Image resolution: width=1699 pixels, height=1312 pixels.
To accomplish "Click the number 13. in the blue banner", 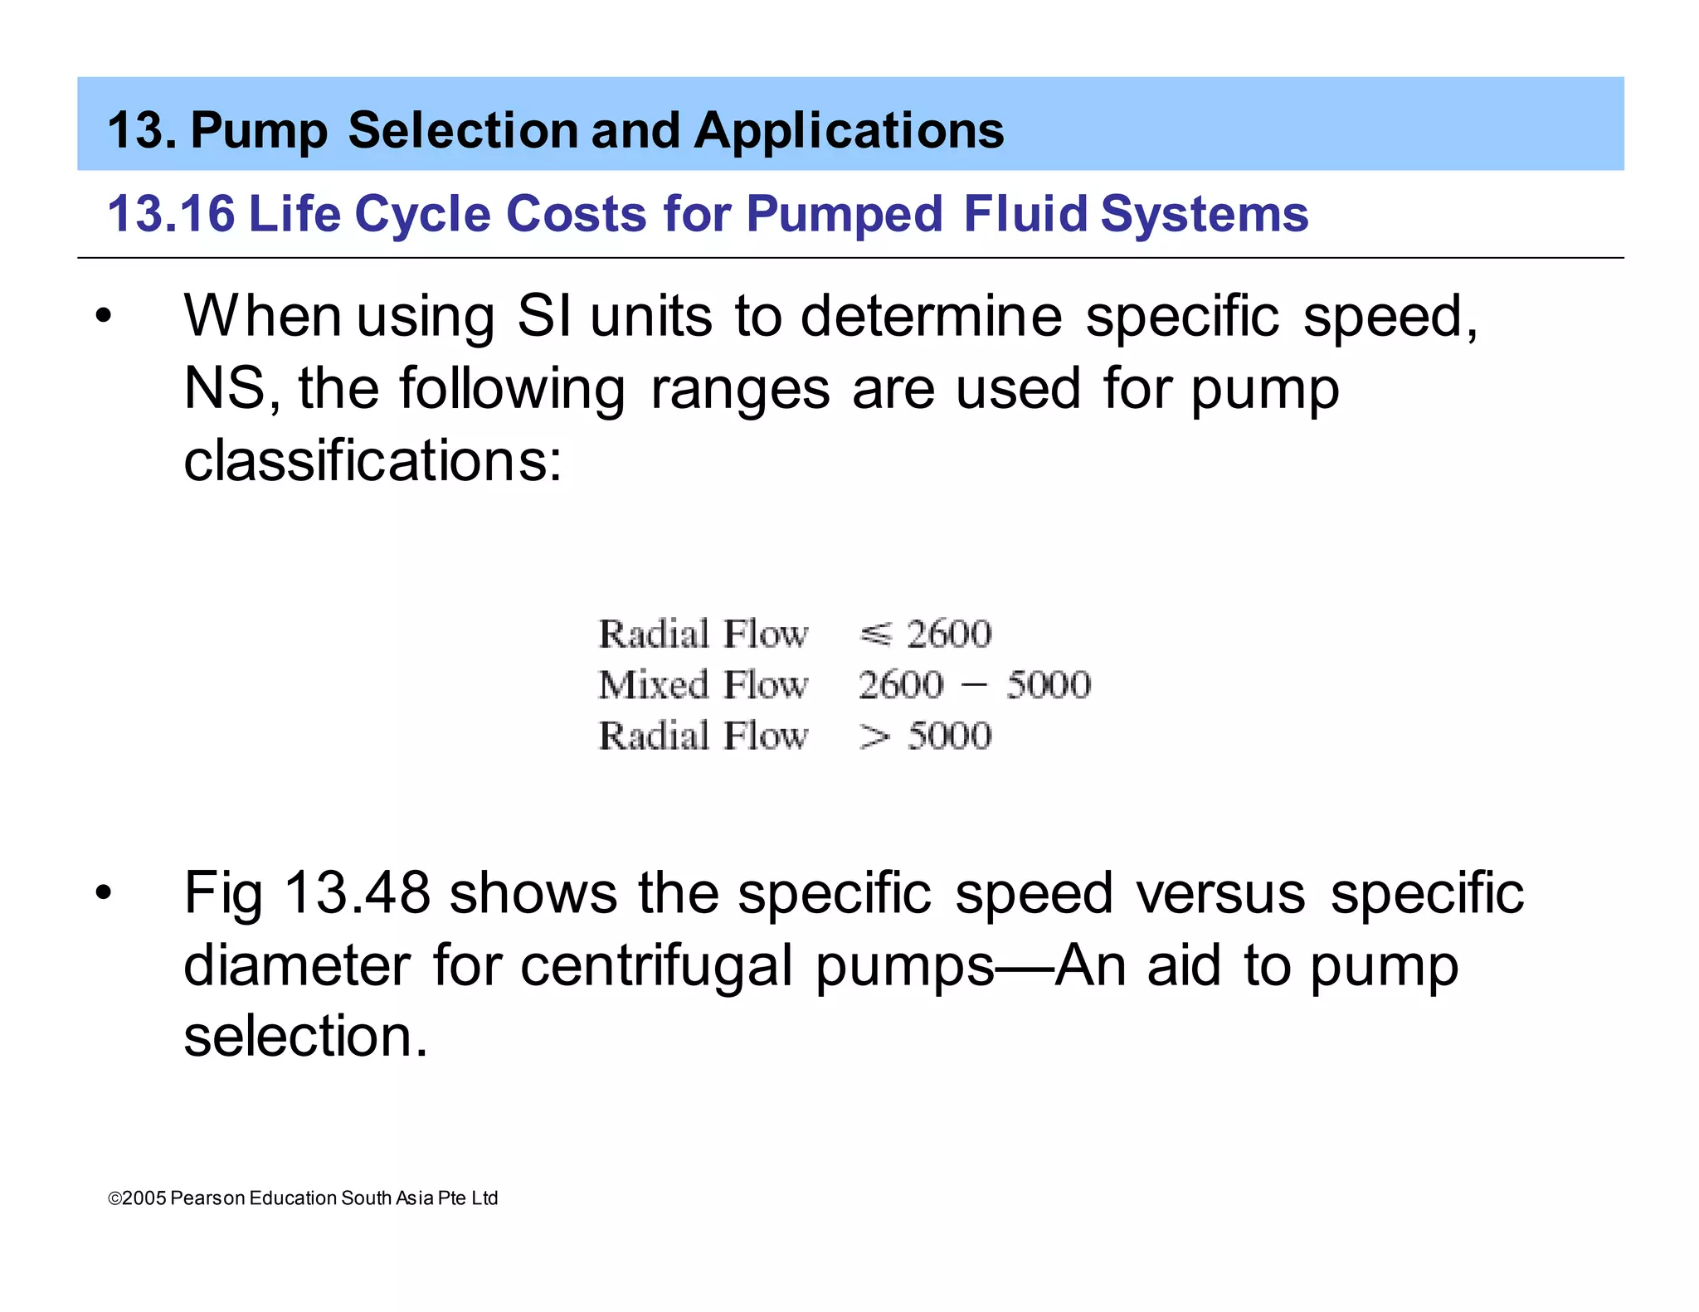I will [142, 131].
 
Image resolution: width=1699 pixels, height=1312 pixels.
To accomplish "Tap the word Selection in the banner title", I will [463, 131].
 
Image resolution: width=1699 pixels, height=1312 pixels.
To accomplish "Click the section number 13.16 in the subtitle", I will [171, 214].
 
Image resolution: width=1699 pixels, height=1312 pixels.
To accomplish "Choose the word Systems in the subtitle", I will [1204, 214].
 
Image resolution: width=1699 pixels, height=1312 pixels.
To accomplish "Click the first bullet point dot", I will [103, 317].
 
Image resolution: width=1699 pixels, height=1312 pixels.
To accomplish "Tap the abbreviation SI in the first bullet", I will [543, 317].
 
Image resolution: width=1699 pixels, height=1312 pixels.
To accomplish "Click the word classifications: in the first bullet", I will [372, 461].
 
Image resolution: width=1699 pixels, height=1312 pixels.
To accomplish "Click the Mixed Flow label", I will [703, 685].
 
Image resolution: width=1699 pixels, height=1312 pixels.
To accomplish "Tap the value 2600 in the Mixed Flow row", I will [901, 685].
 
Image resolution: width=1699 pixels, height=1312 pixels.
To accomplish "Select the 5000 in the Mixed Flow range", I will [1049, 685].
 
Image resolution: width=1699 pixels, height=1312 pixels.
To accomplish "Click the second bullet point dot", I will [103, 894].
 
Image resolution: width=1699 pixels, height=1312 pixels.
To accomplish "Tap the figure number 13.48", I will [357, 894].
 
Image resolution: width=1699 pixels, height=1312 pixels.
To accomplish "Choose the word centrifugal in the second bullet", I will [656, 966].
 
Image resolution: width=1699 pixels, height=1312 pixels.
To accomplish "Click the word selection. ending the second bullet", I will [305, 1037].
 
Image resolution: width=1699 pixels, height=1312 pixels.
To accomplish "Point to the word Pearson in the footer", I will [207, 1198].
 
